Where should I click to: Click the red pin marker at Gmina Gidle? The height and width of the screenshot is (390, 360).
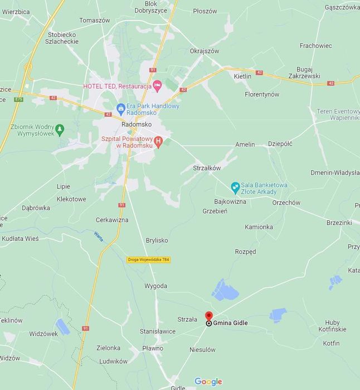pyautogui.click(x=209, y=316)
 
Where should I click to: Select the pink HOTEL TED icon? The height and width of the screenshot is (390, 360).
pyautogui.click(x=157, y=85)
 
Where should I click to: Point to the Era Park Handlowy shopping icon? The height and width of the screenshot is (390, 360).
pyautogui.click(x=120, y=108)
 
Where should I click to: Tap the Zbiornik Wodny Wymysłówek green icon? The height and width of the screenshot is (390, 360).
pyautogui.click(x=60, y=129)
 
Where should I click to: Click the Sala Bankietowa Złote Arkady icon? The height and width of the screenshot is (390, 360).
pyautogui.click(x=235, y=186)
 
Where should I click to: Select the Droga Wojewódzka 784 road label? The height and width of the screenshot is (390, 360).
pyautogui.click(x=148, y=260)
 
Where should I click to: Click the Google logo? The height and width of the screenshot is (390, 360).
pyautogui.click(x=208, y=382)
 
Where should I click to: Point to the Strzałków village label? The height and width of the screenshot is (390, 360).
pyautogui.click(x=207, y=167)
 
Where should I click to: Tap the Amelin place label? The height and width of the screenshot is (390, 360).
pyautogui.click(x=245, y=145)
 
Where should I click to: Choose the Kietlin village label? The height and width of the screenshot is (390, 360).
pyautogui.click(x=242, y=76)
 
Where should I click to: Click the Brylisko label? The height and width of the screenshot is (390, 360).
pyautogui.click(x=157, y=240)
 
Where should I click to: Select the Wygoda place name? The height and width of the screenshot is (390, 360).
pyautogui.click(x=155, y=286)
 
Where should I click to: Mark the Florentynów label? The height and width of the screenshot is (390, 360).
pyautogui.click(x=262, y=94)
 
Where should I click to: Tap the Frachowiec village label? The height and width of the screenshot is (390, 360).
pyautogui.click(x=315, y=46)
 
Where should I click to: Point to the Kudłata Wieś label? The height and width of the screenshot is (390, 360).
pyautogui.click(x=20, y=239)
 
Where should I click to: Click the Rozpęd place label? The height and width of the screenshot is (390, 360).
pyautogui.click(x=245, y=252)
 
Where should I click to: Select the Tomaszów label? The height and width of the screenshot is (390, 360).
pyautogui.click(x=95, y=20)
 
